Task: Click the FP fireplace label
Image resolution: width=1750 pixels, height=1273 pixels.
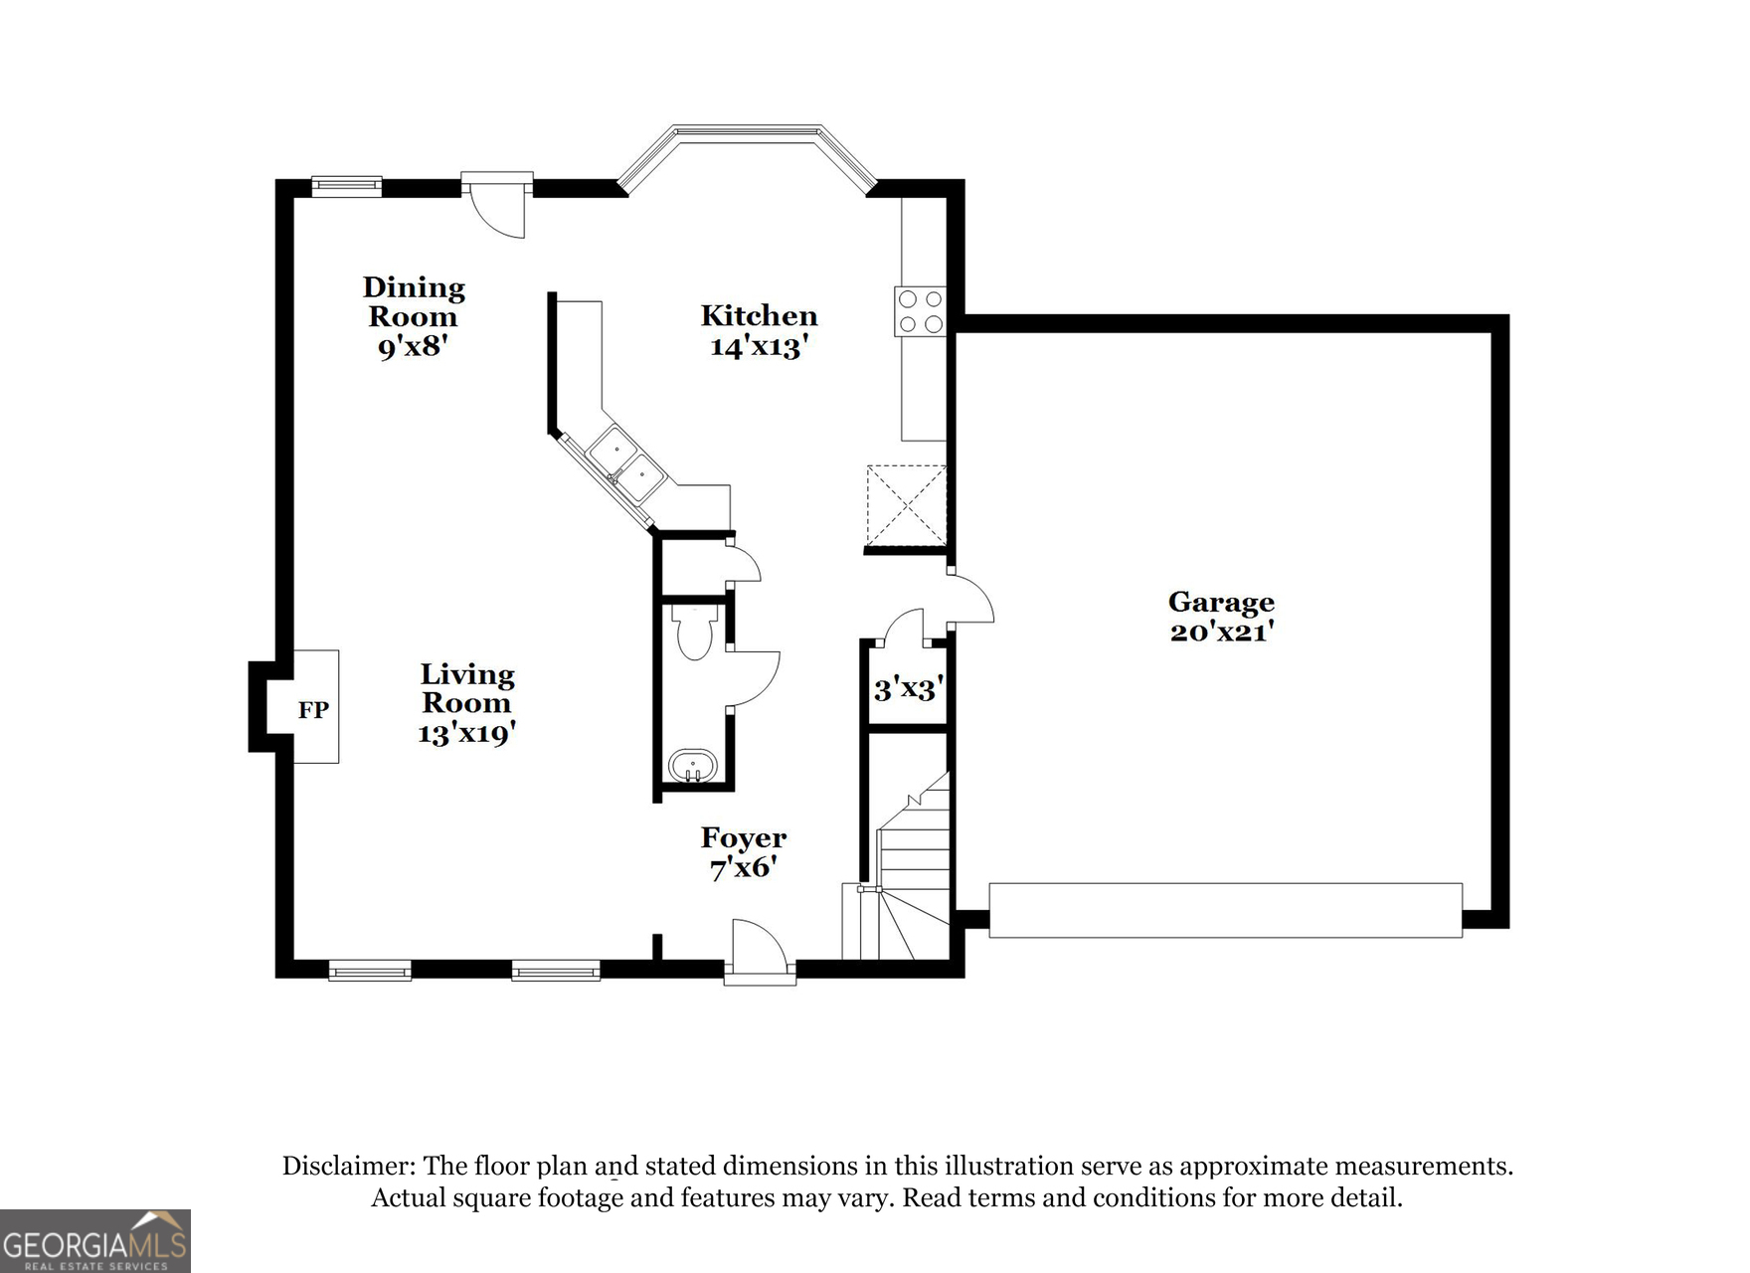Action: coord(313,710)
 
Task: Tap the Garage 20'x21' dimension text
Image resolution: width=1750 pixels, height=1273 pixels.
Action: coord(1221,632)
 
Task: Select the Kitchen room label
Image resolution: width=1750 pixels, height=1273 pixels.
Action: coord(759,316)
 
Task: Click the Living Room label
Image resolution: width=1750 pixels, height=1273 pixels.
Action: coord(466,688)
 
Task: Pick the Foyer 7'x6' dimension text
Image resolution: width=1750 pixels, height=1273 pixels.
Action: coord(742,867)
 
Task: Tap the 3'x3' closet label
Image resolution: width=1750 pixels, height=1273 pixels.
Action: coord(907,688)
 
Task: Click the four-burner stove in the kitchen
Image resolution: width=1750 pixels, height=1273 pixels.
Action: coord(921,310)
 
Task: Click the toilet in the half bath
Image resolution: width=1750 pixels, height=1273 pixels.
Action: coord(693,633)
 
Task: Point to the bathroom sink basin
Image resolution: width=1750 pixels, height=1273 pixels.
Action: coord(692,767)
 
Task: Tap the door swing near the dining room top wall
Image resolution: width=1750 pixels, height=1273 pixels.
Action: coord(498,209)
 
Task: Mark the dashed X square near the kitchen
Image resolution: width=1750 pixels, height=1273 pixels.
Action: coord(906,505)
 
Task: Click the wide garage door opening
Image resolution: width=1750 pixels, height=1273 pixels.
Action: coord(1225,910)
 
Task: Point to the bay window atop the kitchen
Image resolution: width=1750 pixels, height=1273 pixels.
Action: coord(747,139)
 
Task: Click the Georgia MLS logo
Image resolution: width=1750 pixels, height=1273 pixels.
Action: coord(94,1241)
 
